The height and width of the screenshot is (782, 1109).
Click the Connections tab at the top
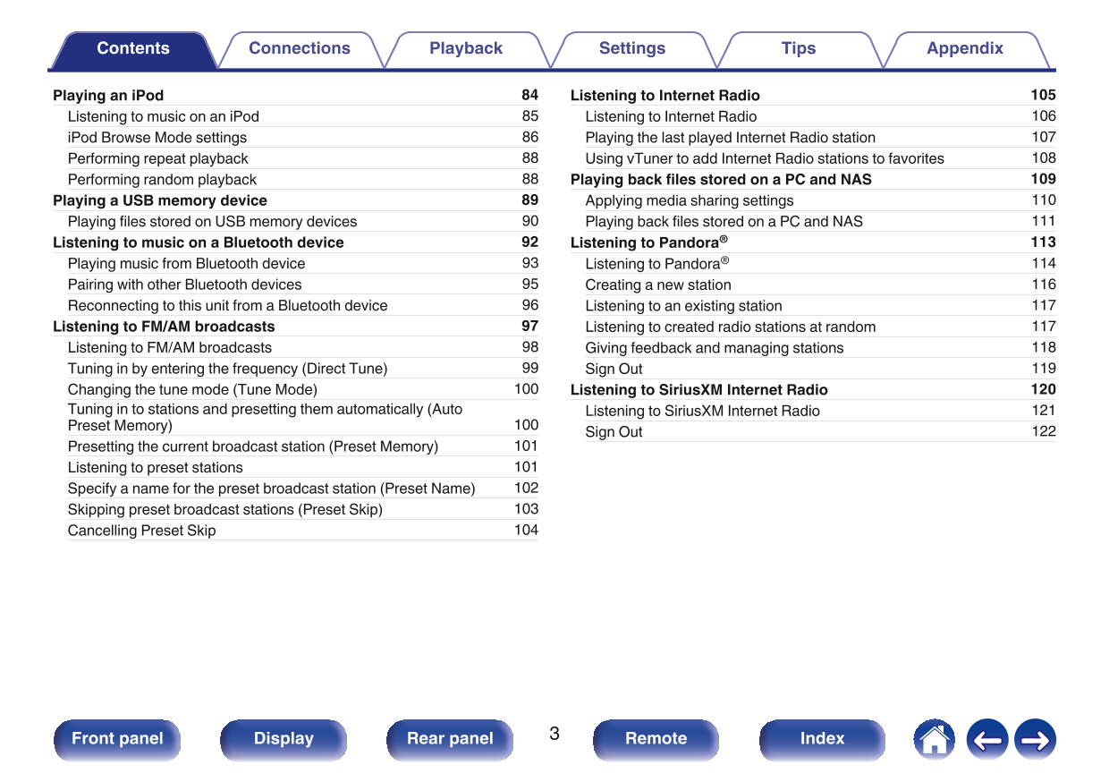300,49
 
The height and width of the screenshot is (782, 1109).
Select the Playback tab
466,49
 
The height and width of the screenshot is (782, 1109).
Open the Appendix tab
964,49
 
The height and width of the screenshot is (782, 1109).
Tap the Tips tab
798,49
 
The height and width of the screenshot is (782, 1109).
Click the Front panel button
117,739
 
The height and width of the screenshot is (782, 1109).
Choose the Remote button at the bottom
656,739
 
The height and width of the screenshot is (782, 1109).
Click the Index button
822,739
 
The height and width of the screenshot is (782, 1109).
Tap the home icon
934,740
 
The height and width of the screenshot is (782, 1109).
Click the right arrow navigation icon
1035,740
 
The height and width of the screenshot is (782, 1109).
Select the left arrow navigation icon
986,740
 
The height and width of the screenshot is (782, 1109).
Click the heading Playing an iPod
108,96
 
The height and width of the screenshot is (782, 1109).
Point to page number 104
526,530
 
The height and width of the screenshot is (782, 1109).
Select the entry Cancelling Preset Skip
141,531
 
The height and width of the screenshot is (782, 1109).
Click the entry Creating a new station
658,285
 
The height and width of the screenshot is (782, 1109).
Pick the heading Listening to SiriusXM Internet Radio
698,390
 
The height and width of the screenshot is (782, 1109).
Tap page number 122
1043,431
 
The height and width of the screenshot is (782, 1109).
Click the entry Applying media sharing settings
689,201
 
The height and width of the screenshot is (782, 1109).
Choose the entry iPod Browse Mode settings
157,138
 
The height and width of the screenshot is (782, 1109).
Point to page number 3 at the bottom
554,735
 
